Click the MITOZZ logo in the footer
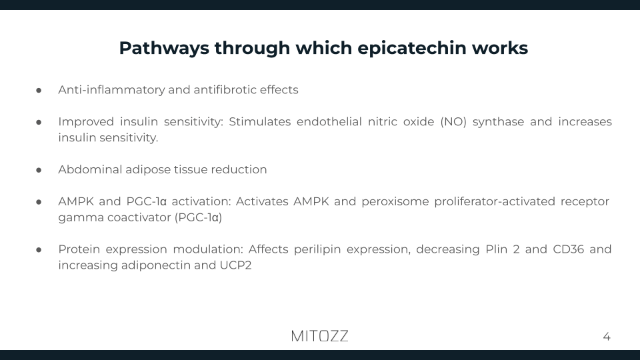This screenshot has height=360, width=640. [x=319, y=336]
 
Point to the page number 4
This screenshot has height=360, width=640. [x=606, y=337]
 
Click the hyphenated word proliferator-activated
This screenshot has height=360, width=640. [x=499, y=202]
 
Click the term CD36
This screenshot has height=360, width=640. [x=566, y=249]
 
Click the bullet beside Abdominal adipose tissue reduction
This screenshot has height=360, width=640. [x=39, y=169]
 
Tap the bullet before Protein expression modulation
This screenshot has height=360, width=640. [x=39, y=249]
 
